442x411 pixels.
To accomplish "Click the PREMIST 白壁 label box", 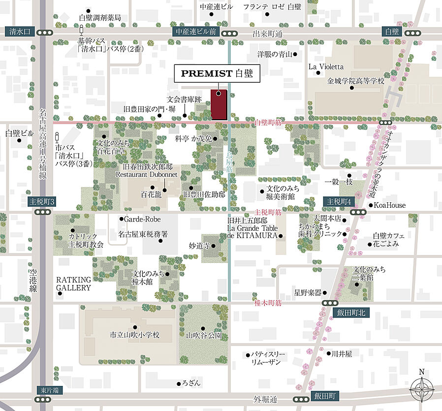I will click(217, 74).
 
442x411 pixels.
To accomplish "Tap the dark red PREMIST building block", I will click(219, 105).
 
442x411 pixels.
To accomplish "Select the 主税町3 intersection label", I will click(43, 201).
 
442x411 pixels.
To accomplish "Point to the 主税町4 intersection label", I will click(338, 201).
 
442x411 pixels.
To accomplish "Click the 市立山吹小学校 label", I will click(134, 335).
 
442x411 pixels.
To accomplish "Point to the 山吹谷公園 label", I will click(203, 336).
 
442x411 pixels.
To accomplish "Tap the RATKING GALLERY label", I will click(73, 283).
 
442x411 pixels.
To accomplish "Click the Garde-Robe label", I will click(142, 219).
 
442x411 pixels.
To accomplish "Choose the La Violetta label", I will click(326, 66).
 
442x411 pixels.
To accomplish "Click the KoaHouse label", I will click(390, 205).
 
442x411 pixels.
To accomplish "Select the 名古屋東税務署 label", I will click(143, 234).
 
